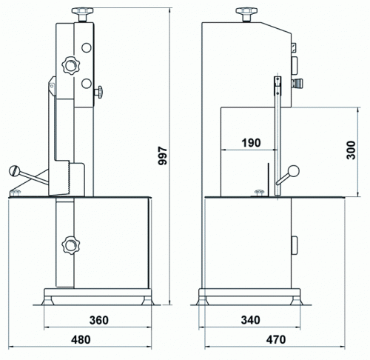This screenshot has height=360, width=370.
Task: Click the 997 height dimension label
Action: point(163,156)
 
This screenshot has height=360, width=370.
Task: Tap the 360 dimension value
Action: point(98,320)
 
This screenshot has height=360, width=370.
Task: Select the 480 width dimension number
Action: point(81,339)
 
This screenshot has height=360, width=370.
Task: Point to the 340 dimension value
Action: point(250,320)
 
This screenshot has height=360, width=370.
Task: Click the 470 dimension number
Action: point(276,339)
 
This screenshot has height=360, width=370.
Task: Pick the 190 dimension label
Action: point(251,143)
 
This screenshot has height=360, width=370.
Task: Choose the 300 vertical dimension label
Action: point(351,150)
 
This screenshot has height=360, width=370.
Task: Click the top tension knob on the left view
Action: point(82,15)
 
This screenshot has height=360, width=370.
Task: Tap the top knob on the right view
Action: point(246,15)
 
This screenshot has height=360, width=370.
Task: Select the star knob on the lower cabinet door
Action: point(71,245)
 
